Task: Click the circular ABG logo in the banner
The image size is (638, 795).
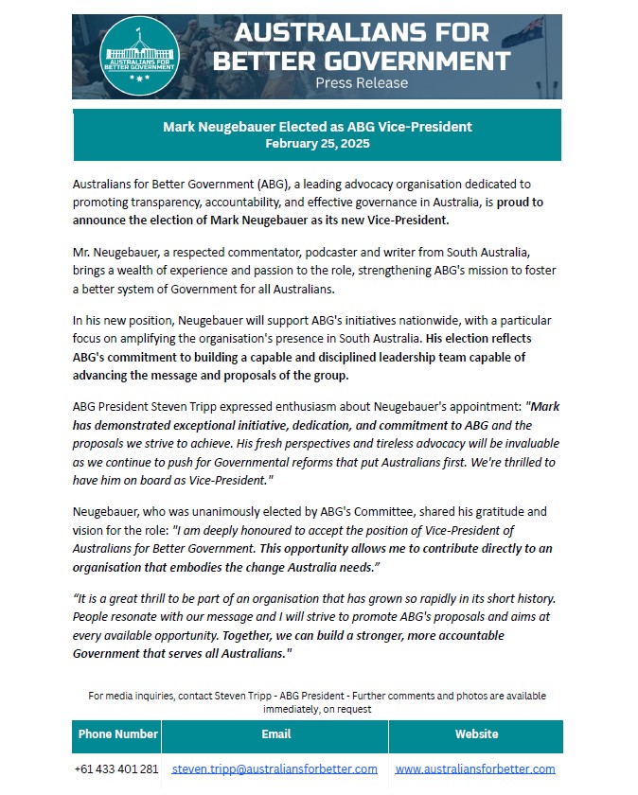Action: click(140, 55)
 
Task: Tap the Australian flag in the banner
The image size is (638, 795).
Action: click(523, 33)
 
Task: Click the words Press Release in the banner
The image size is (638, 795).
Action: click(362, 83)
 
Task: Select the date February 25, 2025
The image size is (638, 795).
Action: click(317, 144)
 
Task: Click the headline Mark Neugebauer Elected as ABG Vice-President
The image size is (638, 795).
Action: click(317, 127)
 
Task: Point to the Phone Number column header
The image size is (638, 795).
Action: click(117, 734)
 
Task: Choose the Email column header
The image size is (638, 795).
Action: click(275, 734)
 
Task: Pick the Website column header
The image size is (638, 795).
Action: click(475, 734)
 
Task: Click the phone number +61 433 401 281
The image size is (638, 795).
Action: click(116, 768)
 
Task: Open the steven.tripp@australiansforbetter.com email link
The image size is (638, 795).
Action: click(275, 768)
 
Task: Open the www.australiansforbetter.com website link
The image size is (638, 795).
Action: click(475, 768)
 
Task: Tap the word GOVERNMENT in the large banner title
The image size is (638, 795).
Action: click(408, 62)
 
